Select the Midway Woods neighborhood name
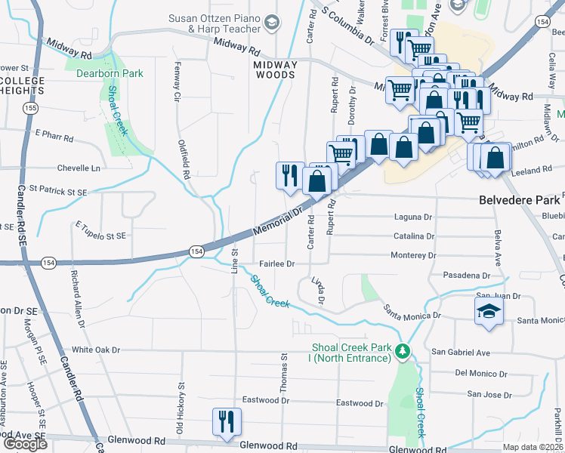275,69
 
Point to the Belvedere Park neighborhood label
520,200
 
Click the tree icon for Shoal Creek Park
403,350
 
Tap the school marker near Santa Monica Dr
488,311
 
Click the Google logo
25,443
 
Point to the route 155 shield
29,109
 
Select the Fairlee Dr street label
276,264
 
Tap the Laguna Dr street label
412,217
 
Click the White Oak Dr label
96,350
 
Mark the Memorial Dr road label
278,219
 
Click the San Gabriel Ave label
461,353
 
